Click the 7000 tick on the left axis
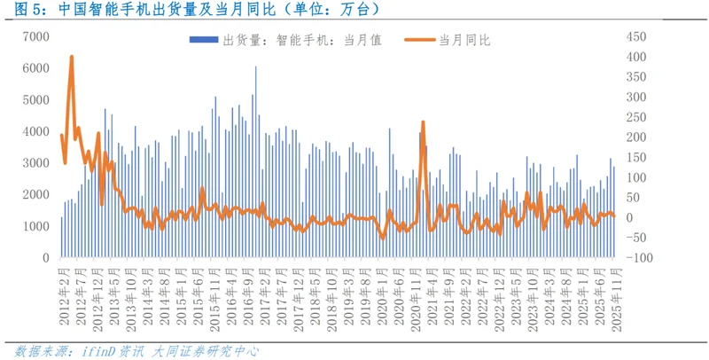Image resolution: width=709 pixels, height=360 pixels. coord(35,36)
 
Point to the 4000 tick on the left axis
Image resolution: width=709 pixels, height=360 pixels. coord(35,131)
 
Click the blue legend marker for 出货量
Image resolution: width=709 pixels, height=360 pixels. coord(203,41)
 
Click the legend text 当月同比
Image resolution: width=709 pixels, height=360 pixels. coord(464,41)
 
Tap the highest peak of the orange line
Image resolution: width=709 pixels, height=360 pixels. coord(71,58)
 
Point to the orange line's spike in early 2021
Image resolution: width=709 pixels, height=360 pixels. coord(423,122)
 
